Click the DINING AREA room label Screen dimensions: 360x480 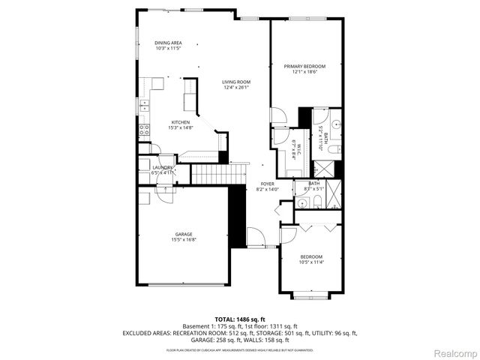tap(168, 43)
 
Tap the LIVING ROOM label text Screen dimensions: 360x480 tap(236, 82)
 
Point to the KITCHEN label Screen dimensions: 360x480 tap(180, 122)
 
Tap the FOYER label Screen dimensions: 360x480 tap(267, 184)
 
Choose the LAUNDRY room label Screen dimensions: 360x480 tap(163, 167)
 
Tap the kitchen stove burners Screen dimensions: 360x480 tap(142, 131)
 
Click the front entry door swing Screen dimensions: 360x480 tap(256, 238)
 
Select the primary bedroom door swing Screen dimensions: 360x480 tap(277, 116)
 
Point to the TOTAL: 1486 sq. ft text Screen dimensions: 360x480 tap(240, 319)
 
